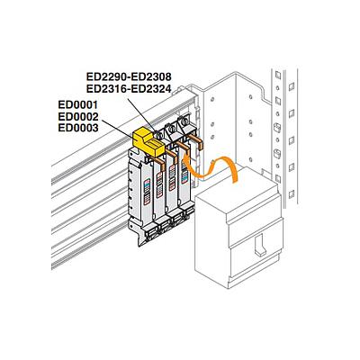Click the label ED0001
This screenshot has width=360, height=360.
pyautogui.click(x=78, y=105)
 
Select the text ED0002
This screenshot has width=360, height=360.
pyautogui.click(x=78, y=116)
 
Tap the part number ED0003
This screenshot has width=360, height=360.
pyautogui.click(x=78, y=128)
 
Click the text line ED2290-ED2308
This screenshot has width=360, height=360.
pyautogui.click(x=129, y=76)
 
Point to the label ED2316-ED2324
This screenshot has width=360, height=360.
pyautogui.click(x=129, y=88)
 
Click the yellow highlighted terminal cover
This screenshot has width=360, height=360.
pyautogui.click(x=148, y=142)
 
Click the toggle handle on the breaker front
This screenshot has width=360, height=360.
pyautogui.click(x=261, y=245)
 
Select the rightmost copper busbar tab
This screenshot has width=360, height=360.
pyautogui.click(x=197, y=141)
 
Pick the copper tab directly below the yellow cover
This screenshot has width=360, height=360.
pyautogui.click(x=158, y=163)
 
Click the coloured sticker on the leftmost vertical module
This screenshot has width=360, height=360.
pyautogui.click(x=147, y=192)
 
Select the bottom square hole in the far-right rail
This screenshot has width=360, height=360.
pyautogui.click(x=291, y=194)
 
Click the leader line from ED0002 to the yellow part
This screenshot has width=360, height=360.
pyautogui.click(x=119, y=130)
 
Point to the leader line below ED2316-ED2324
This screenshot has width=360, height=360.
pyautogui.click(x=141, y=112)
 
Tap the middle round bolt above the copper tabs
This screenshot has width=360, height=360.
pyautogui.click(x=172, y=129)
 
